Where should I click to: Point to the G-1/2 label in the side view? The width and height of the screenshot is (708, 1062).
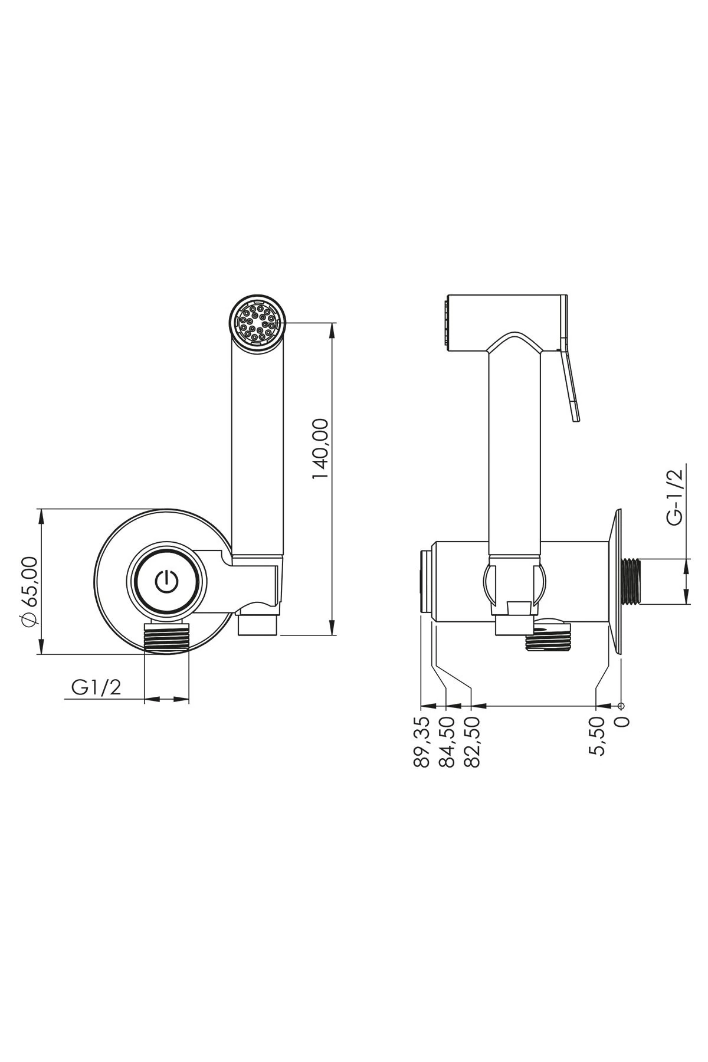pos(674,496)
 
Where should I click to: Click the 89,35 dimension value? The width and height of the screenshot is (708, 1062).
pos(421,742)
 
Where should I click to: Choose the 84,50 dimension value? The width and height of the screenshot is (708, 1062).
pos(447,742)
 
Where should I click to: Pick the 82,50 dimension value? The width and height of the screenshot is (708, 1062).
pos(471,742)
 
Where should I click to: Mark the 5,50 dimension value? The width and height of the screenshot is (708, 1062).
pos(597,736)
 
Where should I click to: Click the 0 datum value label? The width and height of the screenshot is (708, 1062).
pos(622,721)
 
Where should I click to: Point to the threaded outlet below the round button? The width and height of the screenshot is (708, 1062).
pos(167,637)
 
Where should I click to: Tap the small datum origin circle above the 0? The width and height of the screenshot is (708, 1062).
pos(621,706)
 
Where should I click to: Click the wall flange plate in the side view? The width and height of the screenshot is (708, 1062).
pos(616,581)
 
